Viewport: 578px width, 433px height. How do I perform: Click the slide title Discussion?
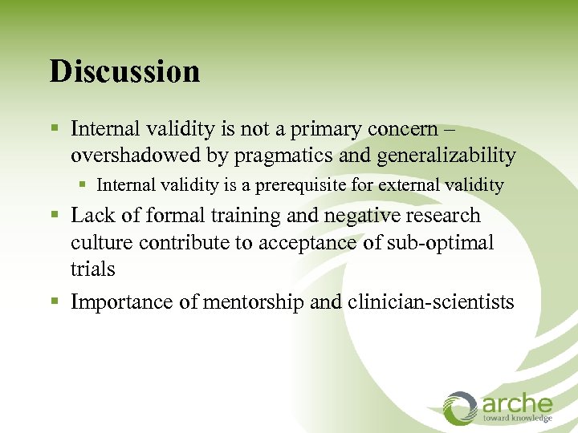pos(124,71)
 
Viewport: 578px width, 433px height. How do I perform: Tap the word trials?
pos(92,269)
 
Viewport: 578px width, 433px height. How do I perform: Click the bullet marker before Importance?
pos(55,302)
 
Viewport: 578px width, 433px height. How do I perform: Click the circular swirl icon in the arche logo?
pos(460,407)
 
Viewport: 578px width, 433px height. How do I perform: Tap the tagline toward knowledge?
pos(517,418)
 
